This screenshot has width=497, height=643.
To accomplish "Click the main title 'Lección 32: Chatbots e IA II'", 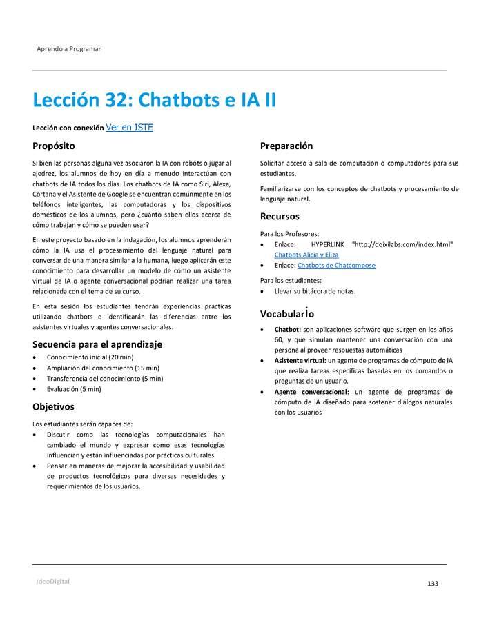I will pos(154,100).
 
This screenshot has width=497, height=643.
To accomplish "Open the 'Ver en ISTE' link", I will pos(129,128).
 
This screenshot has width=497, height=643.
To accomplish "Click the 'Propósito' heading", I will pos(53,146).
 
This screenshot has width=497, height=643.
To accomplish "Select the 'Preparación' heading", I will pos(286,146).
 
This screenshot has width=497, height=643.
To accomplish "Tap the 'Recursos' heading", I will pos(280,217).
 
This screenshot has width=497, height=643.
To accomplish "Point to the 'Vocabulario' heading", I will pos(287,313).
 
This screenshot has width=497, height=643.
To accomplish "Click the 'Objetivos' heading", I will pos(53,407).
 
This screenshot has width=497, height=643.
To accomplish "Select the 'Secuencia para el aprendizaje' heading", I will pos(97,344).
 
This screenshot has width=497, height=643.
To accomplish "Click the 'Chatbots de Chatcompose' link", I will pos(336,266).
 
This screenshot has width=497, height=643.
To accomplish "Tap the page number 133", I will pos(433,584).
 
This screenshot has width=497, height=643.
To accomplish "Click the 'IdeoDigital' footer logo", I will pos(53,582).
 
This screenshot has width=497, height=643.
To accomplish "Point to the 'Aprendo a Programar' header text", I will pos(69,49).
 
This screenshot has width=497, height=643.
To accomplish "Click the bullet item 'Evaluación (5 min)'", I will pos(74,389).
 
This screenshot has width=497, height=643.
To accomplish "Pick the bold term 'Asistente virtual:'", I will pos(300,361).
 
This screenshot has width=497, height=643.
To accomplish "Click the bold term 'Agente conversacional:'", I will pos(311,392).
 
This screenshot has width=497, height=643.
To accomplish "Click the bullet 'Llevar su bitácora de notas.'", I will pos(315,291).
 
